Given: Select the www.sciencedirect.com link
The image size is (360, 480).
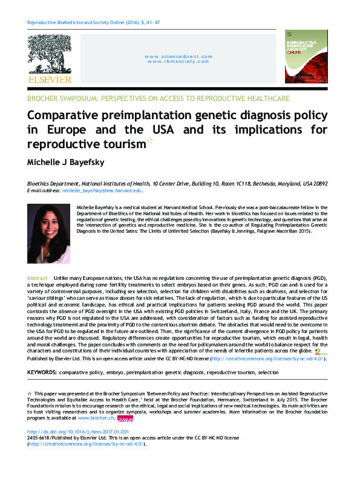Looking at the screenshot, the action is pos(178,56).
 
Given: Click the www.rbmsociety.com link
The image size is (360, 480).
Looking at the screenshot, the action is pos(178,61).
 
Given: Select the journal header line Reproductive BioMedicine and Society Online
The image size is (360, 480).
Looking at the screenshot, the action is pos(94,22).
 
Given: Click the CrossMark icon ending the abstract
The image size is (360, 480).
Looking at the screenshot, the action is pos(318,351).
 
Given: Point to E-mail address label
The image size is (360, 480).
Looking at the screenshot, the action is pos(44,190).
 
